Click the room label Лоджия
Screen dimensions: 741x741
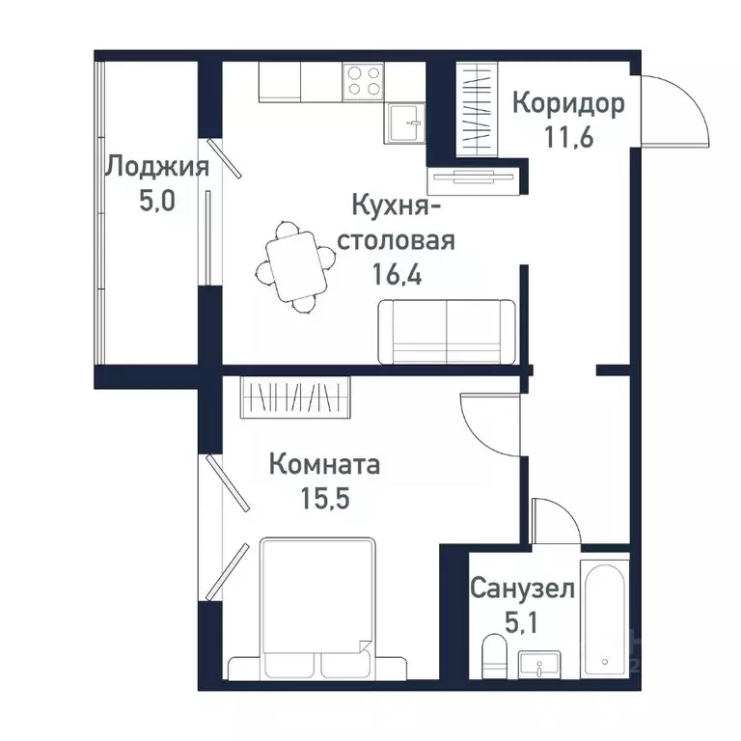point(155,167)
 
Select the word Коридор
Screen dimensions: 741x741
point(567,102)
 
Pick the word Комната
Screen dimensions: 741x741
point(324,465)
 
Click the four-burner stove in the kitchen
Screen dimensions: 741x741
point(364,80)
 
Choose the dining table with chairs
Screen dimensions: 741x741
point(294,265)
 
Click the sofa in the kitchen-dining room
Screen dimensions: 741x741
point(446,331)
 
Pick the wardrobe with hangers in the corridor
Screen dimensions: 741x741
point(475,107)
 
